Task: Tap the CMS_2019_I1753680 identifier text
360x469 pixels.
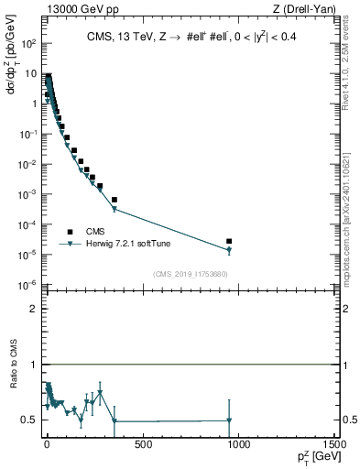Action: pyautogui.click(x=191, y=273)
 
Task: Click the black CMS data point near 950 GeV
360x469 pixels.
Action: pyautogui.click(x=229, y=241)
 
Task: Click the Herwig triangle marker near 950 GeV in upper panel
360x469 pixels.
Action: pyautogui.click(x=229, y=250)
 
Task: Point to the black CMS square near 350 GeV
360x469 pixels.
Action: pyautogui.click(x=115, y=200)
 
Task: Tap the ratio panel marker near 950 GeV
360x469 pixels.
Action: pyautogui.click(x=229, y=420)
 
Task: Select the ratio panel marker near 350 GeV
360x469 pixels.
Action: pyautogui.click(x=115, y=421)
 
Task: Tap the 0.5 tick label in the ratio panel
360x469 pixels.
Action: pyautogui.click(x=30, y=420)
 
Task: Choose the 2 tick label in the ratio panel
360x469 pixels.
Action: pyautogui.click(x=34, y=309)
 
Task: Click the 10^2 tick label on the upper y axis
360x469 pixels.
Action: pyautogui.click(x=29, y=43)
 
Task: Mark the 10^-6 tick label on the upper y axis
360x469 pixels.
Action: pyautogui.click(x=29, y=285)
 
